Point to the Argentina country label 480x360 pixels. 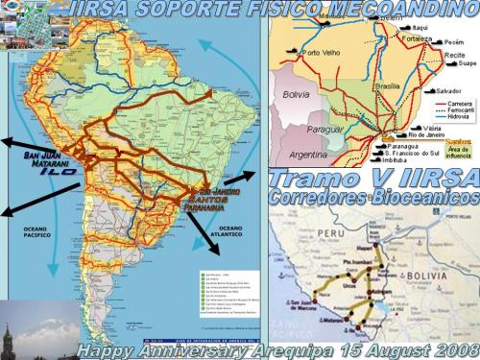coord(307,155)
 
